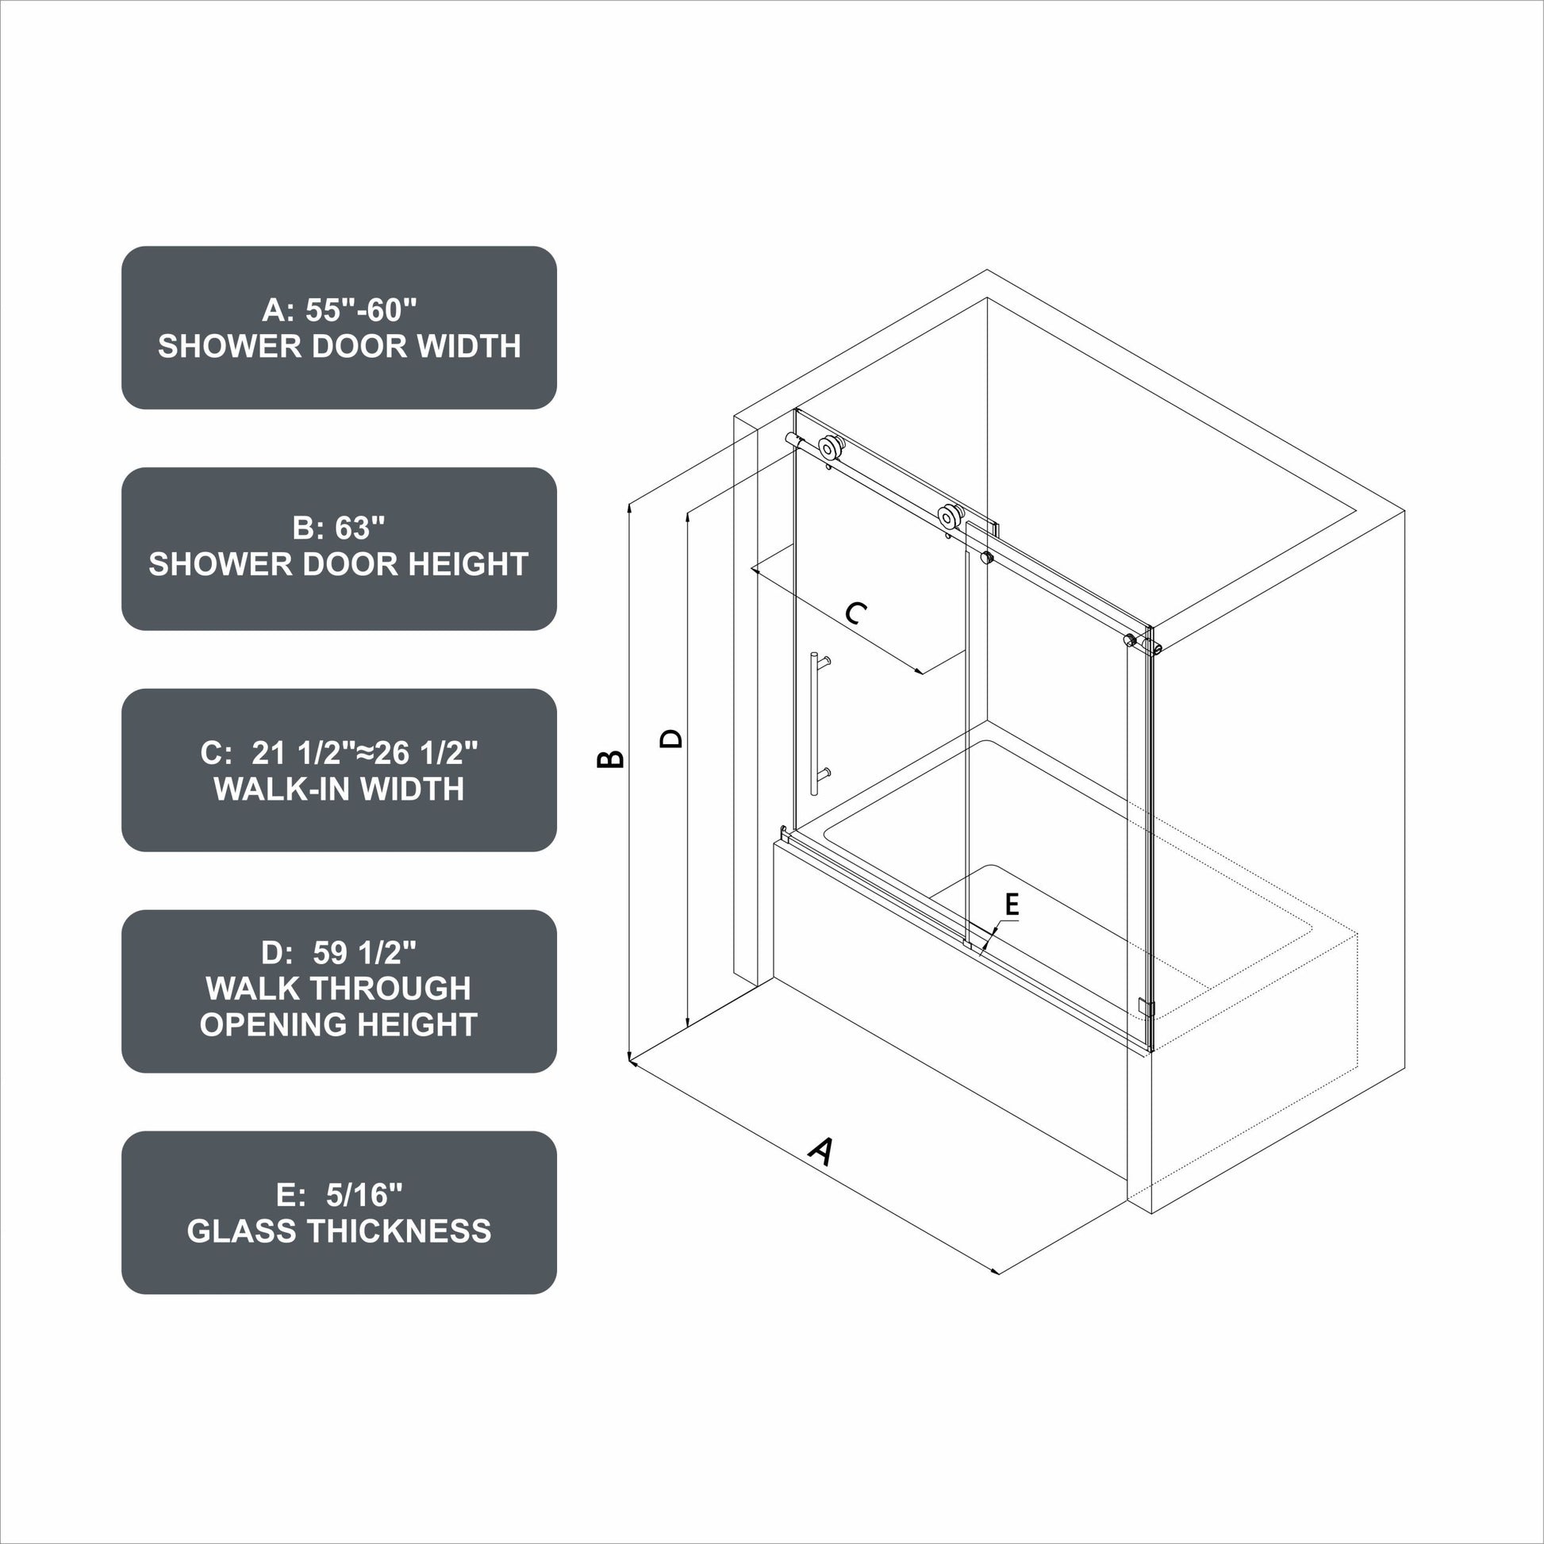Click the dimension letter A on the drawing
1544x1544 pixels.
coord(820,1150)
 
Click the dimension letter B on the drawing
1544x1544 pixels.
coord(611,759)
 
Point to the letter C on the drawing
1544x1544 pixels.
coord(856,613)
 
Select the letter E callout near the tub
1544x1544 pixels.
coord(1012,905)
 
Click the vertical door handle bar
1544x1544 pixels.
coord(814,724)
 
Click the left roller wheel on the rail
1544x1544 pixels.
coord(832,447)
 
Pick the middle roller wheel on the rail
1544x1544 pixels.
coord(950,517)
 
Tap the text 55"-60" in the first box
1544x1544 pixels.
coord(361,309)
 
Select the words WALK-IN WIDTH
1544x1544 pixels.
coord(339,789)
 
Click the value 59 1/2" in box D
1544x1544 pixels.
coord(364,952)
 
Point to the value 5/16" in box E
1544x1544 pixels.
coord(364,1195)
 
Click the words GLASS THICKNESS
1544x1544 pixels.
coord(339,1231)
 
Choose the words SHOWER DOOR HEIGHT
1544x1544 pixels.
coord(339,564)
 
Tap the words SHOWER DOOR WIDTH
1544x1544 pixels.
coord(339,346)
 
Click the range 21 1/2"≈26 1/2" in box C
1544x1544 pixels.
coord(364,752)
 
